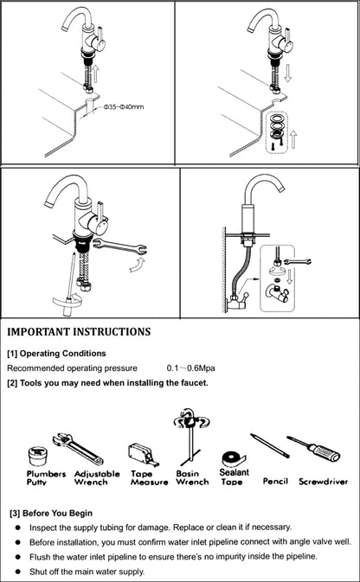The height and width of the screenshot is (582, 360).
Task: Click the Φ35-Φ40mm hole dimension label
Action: click(124, 108)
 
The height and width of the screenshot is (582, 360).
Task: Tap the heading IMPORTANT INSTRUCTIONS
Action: click(79, 331)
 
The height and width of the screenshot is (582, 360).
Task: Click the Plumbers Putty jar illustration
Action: click(37, 456)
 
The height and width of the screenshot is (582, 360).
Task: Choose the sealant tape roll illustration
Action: click(232, 457)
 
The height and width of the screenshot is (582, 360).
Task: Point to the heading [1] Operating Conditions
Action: click(56, 353)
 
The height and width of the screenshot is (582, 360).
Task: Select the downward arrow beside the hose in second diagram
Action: click(292, 82)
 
